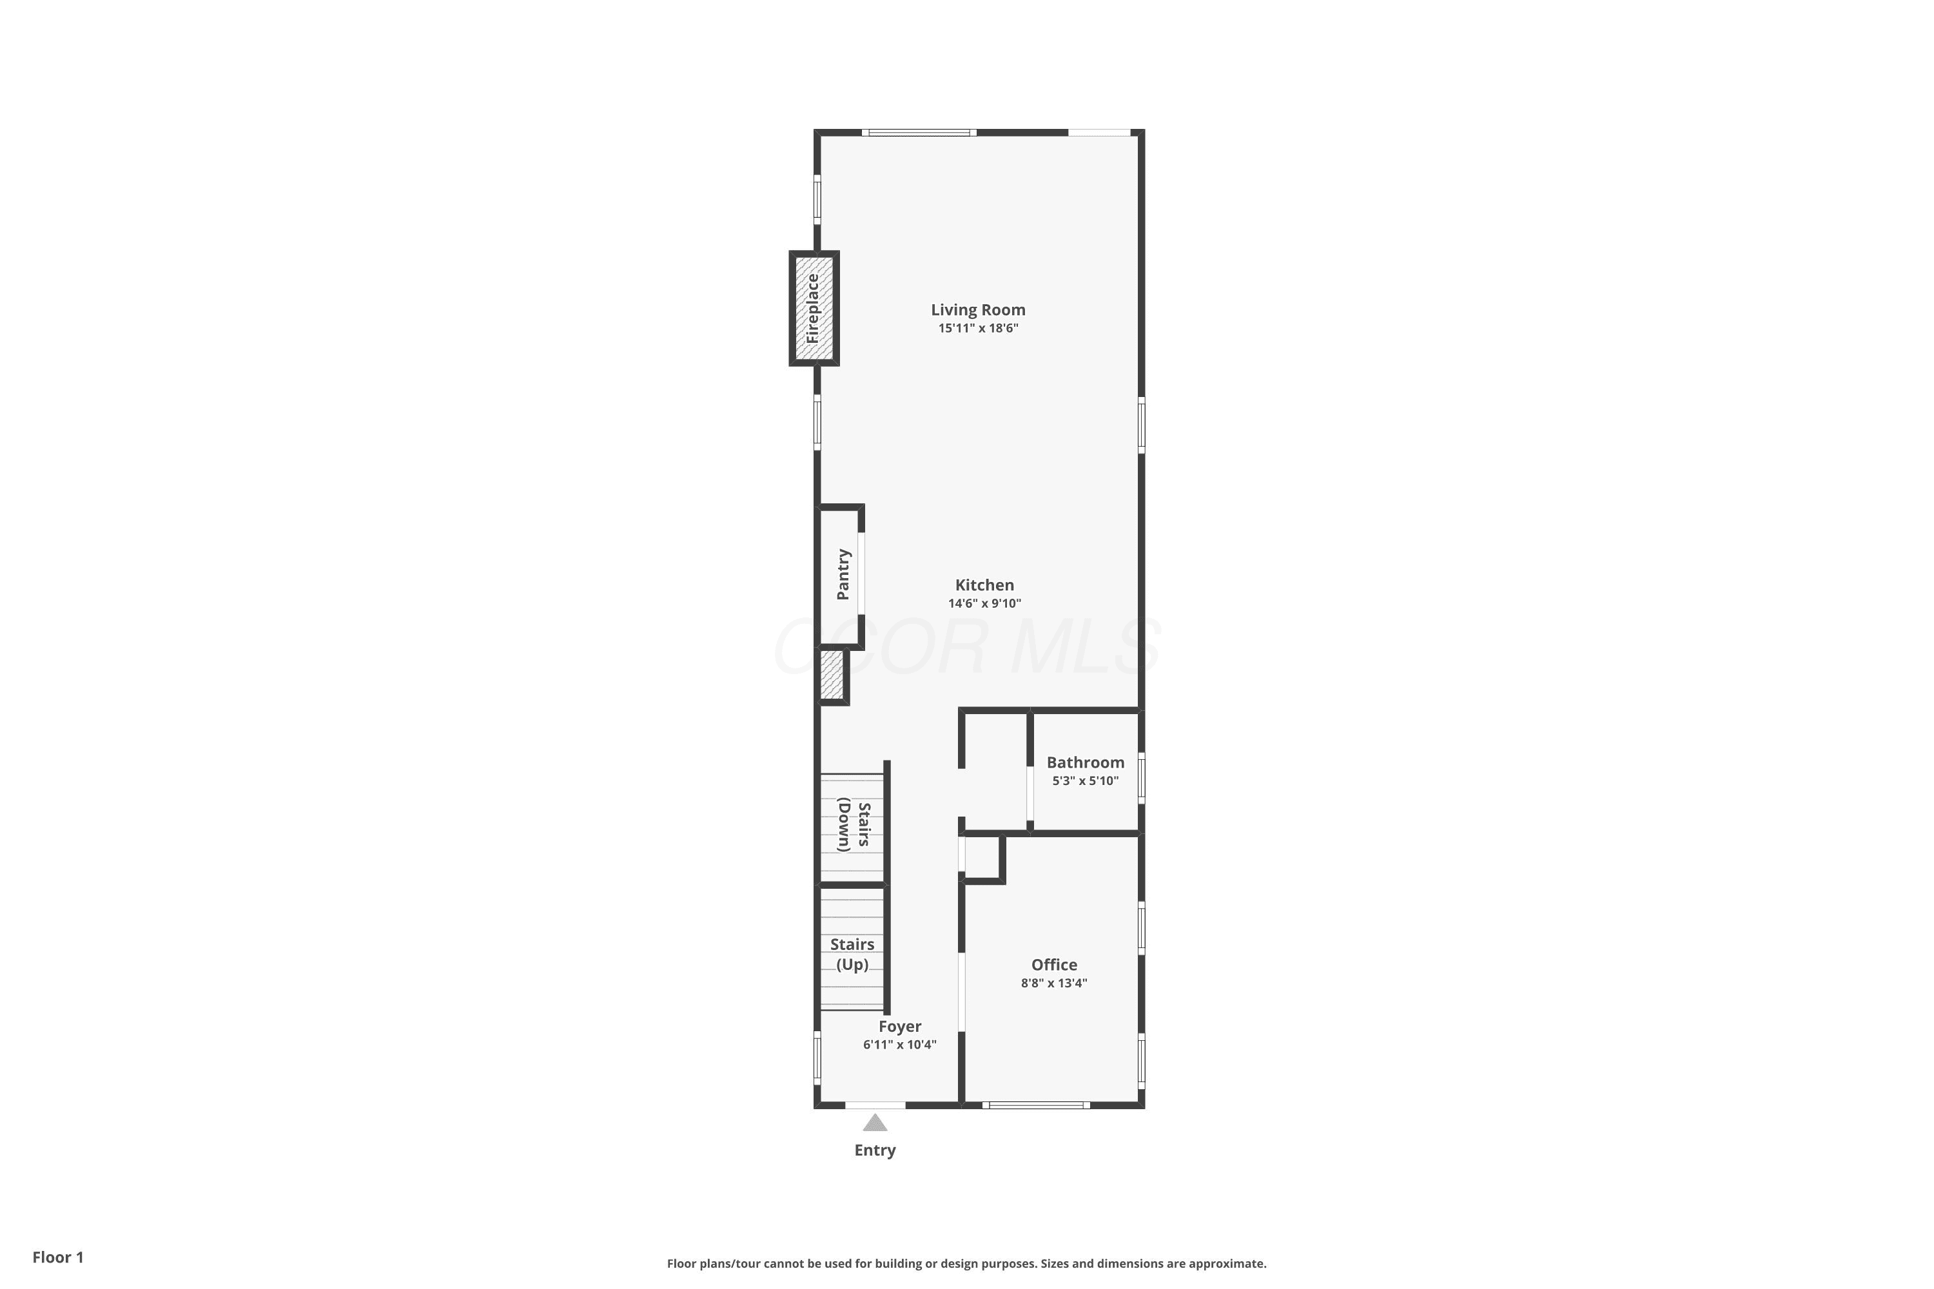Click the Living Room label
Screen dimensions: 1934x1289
pos(978,310)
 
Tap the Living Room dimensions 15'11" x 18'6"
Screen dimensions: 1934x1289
pos(979,328)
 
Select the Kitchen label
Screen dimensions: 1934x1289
pos(984,585)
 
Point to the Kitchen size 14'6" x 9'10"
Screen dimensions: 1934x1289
pos(984,603)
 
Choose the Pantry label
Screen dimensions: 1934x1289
pos(843,575)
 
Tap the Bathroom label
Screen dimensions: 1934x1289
pos(1086,763)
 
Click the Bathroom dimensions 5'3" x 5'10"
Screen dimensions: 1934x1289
pos(1086,781)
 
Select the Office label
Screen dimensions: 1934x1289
pos(1054,965)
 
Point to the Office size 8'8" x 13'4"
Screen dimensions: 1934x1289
pos(1054,984)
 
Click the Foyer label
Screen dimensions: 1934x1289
pos(899,1027)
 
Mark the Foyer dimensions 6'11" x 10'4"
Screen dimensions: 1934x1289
pos(899,1045)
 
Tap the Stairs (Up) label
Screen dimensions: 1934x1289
pos(852,955)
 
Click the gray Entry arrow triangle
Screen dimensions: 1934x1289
pos(875,1123)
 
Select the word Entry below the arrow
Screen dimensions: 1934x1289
pos(875,1150)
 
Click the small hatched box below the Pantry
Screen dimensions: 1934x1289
pos(832,675)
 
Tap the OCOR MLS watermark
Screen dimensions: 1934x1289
pos(967,646)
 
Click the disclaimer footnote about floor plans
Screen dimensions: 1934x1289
pos(967,1263)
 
